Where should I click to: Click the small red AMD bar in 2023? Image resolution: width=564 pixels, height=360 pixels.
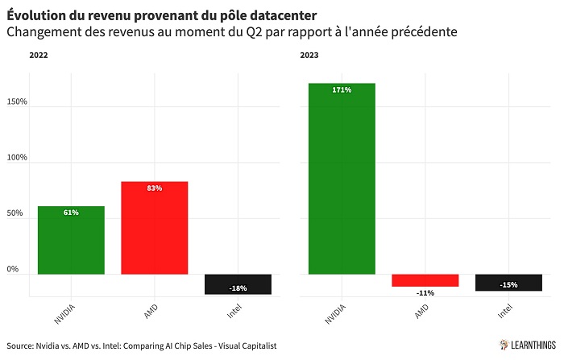click(x=425, y=280)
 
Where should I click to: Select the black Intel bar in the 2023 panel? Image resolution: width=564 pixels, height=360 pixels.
click(x=508, y=283)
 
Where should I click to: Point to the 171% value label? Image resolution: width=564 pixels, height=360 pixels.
click(x=342, y=90)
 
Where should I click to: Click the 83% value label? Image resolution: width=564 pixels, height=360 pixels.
click(x=154, y=188)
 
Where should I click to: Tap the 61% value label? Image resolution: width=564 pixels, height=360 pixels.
click(x=71, y=213)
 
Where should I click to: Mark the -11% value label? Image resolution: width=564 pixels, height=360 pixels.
click(x=425, y=293)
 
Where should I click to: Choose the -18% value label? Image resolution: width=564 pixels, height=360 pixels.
click(x=238, y=288)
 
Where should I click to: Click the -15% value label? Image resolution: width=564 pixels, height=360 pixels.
click(x=508, y=284)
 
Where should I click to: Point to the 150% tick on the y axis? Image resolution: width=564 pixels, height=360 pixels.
click(x=17, y=102)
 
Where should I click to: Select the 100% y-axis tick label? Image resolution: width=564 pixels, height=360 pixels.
click(x=17, y=158)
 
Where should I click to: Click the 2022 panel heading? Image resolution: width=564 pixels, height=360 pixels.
click(x=39, y=56)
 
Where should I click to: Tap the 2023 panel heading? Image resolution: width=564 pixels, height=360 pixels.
click(x=309, y=56)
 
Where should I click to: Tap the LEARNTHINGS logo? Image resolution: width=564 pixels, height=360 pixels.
click(x=528, y=345)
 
